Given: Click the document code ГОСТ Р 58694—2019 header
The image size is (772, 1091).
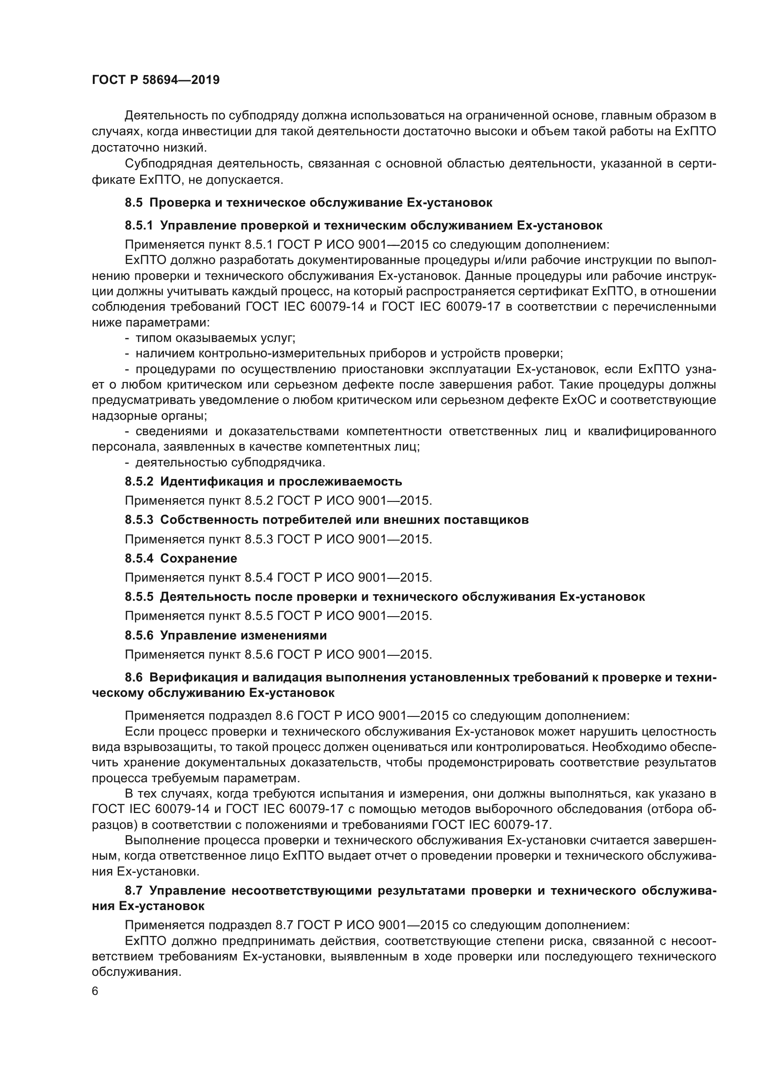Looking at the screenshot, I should [155, 80].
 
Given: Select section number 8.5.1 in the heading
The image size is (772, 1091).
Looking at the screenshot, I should [139, 225].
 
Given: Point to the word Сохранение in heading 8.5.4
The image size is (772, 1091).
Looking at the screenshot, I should [198, 558].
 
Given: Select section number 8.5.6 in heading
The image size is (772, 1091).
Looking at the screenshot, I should [139, 635].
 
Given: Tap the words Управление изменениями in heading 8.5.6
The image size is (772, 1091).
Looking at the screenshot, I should [243, 635].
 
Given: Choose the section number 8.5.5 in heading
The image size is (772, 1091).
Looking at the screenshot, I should [139, 597].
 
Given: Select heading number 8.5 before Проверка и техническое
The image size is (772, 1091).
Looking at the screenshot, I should [133, 203].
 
